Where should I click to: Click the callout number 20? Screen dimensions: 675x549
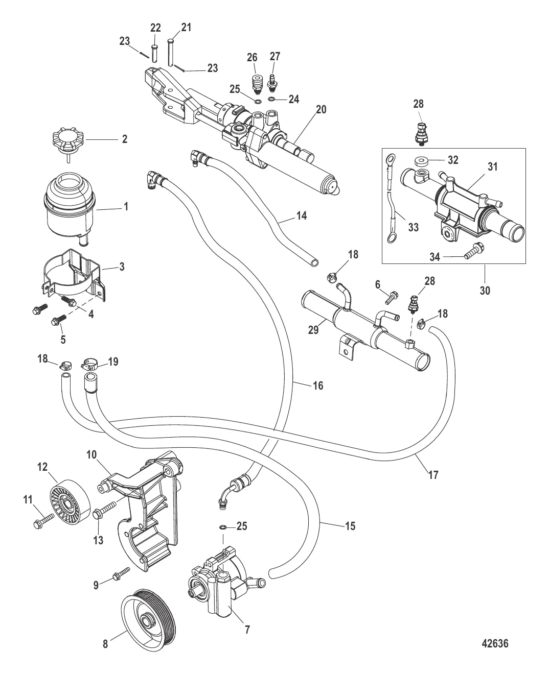[321, 110]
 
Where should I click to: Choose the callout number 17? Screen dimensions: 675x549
[433, 475]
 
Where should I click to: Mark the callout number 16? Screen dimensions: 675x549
[317, 385]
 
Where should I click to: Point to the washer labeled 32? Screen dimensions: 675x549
[423, 161]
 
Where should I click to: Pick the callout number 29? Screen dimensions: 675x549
[312, 330]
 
